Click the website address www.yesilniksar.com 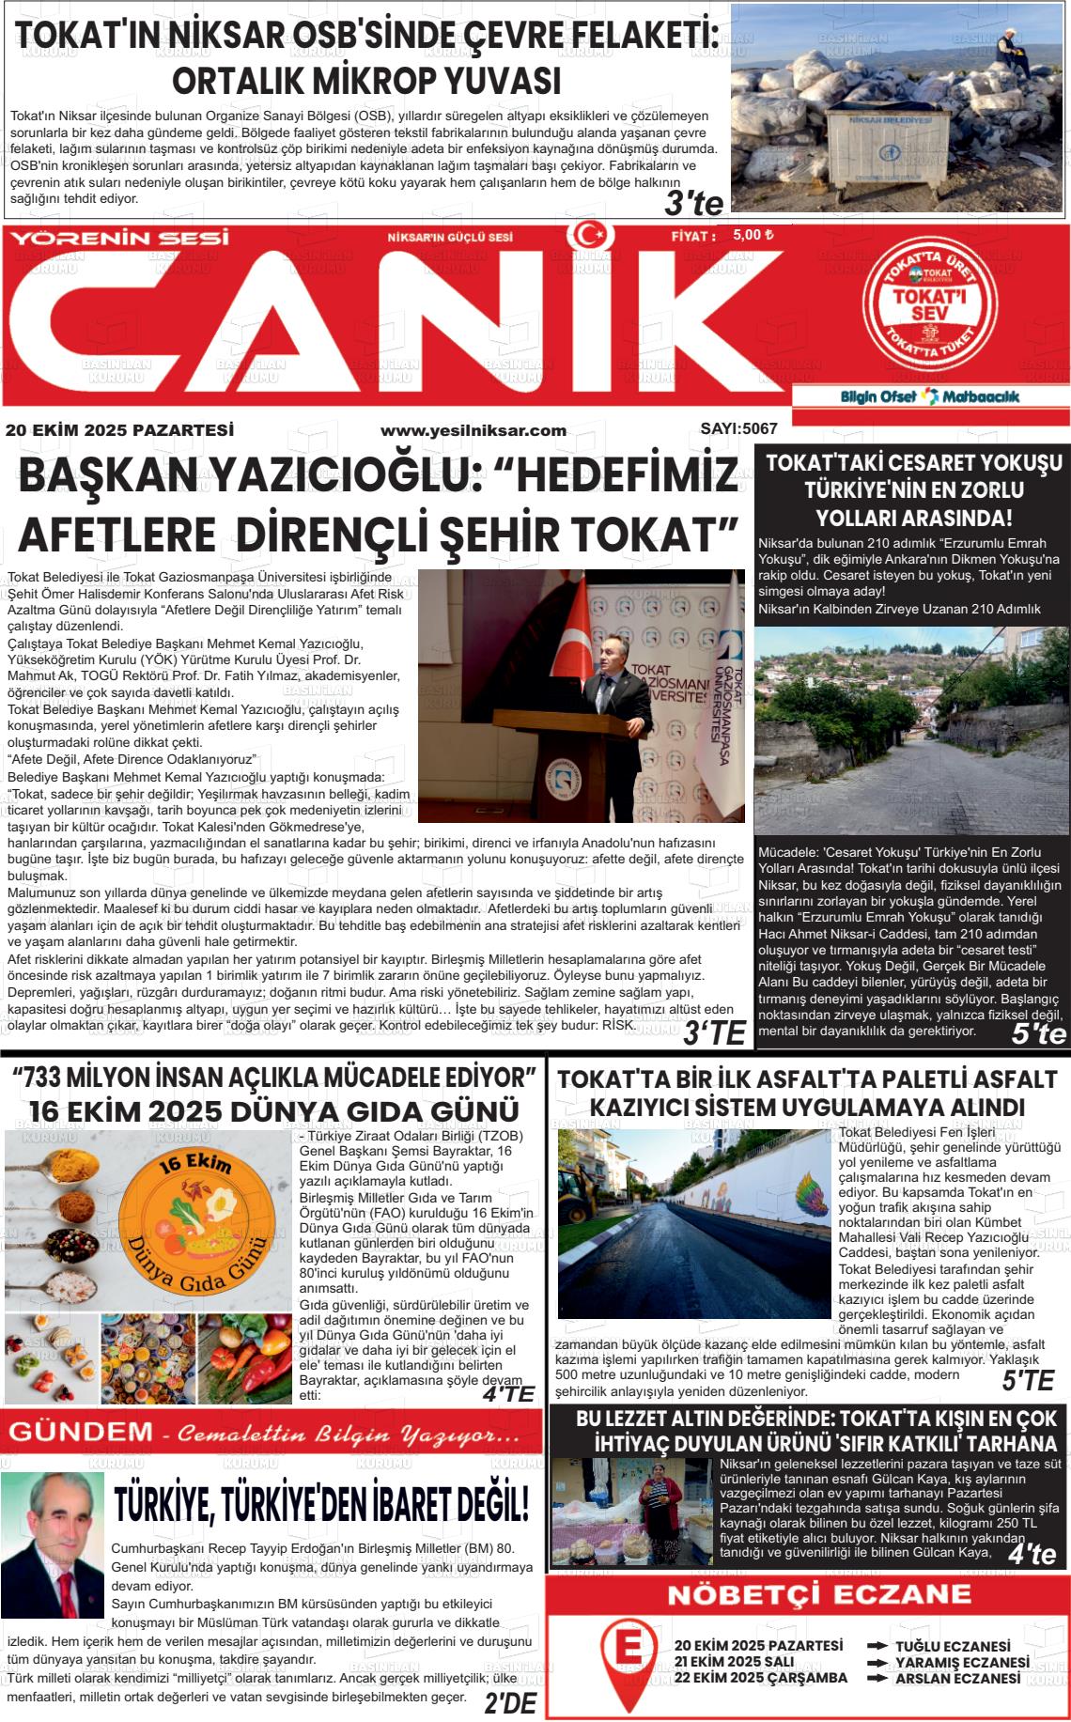click(x=473, y=430)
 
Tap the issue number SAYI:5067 click(x=738, y=429)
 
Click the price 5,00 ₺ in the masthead click(x=753, y=235)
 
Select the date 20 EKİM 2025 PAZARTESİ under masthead click(x=119, y=430)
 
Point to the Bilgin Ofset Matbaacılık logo click(x=930, y=396)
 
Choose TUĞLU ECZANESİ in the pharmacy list click(x=953, y=1646)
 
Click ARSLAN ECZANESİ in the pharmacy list click(x=957, y=1678)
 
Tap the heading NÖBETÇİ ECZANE click(x=806, y=1594)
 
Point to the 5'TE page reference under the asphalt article click(x=1027, y=1380)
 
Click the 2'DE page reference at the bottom click(x=509, y=1702)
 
